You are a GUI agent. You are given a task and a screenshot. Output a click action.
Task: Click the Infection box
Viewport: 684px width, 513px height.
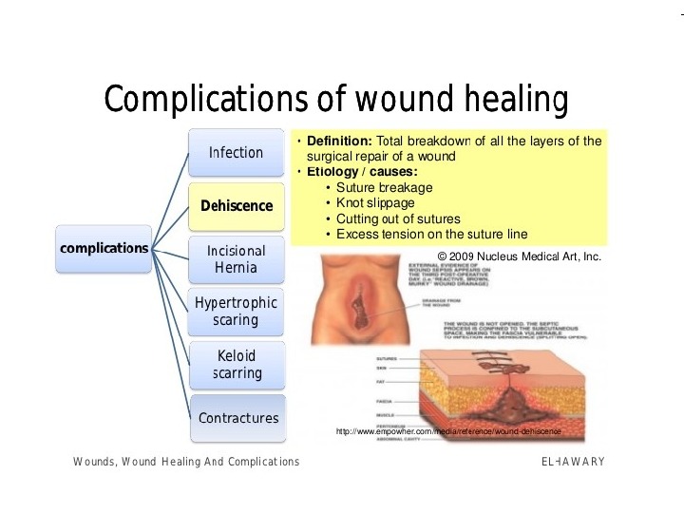[237, 153]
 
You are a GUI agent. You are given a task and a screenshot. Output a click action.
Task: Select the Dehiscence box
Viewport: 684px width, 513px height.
[237, 206]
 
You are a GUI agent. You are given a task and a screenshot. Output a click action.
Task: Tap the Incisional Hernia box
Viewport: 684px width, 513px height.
[237, 258]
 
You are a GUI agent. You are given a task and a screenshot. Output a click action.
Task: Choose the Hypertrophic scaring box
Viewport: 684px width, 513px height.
[237, 312]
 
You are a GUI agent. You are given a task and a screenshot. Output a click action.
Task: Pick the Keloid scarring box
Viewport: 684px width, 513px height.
[237, 365]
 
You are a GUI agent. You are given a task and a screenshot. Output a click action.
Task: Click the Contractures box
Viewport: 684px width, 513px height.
[237, 418]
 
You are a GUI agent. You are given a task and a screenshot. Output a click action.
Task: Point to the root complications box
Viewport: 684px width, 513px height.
[104, 249]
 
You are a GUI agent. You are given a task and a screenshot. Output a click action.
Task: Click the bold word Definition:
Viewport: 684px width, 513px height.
[339, 141]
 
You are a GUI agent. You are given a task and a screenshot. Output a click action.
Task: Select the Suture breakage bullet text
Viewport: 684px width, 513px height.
[384, 187]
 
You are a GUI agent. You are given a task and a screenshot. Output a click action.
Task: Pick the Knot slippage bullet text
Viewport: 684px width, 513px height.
[375, 202]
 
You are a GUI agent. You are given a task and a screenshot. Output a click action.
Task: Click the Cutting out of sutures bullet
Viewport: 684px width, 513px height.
[398, 218]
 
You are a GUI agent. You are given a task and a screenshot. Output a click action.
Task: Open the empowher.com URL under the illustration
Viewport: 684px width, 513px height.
[448, 432]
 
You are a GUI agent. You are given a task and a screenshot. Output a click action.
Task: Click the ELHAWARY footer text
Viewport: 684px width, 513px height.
[573, 462]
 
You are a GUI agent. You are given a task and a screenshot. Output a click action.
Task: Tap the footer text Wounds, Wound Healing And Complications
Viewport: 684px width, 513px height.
[186, 462]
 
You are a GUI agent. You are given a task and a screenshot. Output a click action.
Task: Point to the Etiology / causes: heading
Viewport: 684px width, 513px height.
[359, 172]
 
